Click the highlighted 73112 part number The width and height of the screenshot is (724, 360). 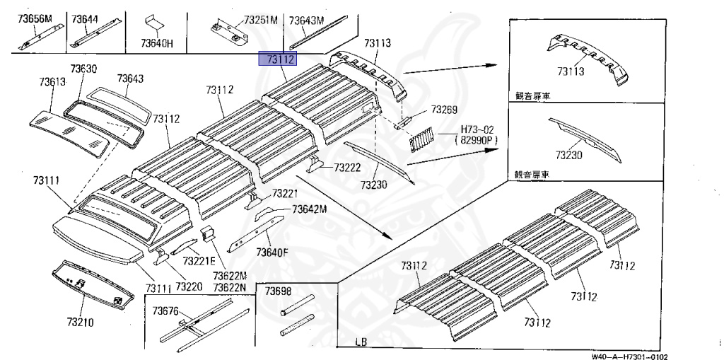pyautogui.click(x=279, y=59)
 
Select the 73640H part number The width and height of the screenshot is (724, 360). pyautogui.click(x=156, y=43)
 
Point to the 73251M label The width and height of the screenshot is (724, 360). pyautogui.click(x=260, y=21)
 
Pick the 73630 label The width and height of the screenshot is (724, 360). pyautogui.click(x=83, y=69)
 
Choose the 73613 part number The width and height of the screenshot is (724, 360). pyautogui.click(x=52, y=82)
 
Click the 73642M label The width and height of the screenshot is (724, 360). pyautogui.click(x=310, y=209)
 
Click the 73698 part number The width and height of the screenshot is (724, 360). pyautogui.click(x=278, y=291)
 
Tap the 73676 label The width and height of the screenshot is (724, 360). pyautogui.click(x=166, y=311)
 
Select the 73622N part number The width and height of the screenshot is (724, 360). pyautogui.click(x=230, y=286)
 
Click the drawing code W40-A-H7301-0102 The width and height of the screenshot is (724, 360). pyautogui.click(x=630, y=356)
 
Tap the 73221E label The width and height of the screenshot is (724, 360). pyautogui.click(x=198, y=261)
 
